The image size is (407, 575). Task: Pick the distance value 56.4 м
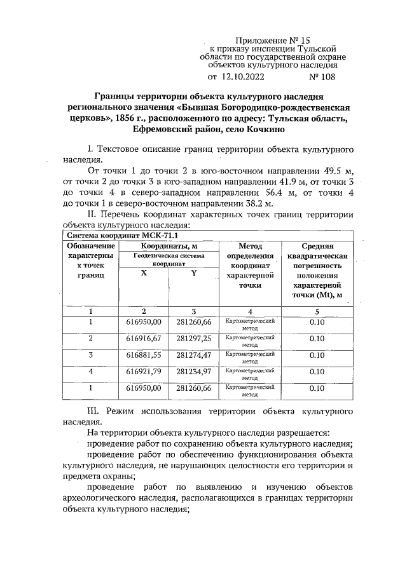pyautogui.click(x=252, y=192)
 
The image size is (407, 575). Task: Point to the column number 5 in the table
pyautogui.click(x=317, y=311)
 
